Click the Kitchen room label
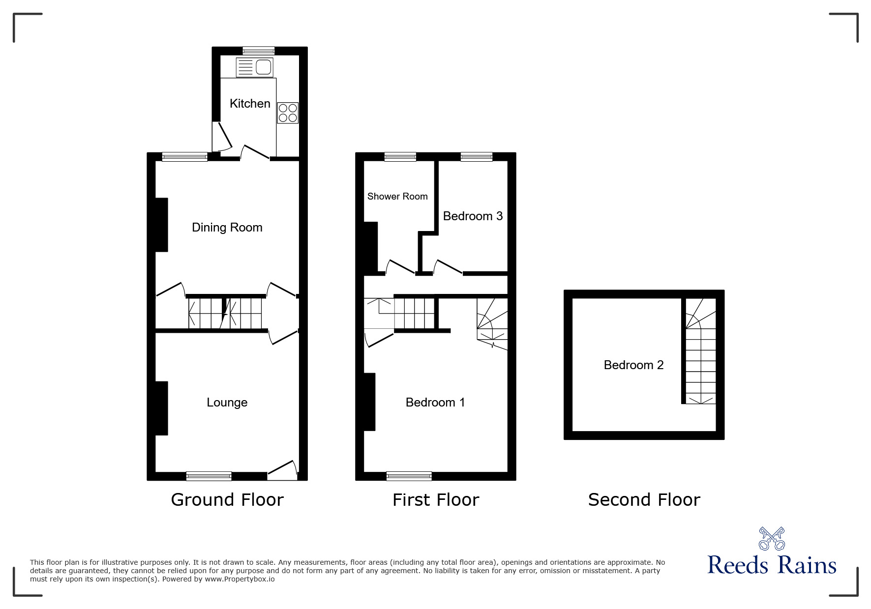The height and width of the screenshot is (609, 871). pos(250,103)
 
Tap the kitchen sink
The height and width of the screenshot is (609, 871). pos(254,67)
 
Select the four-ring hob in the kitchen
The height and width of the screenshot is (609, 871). pos(288,113)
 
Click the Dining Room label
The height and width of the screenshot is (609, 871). pos(227,227)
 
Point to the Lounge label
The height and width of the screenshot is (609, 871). pos(227,402)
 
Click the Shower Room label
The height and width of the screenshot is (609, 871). pos(397,196)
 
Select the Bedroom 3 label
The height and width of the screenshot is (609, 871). pos(473,216)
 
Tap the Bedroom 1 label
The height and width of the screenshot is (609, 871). pos(435,402)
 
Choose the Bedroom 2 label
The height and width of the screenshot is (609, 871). pos(633,365)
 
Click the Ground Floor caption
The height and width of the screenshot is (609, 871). pos(227,499)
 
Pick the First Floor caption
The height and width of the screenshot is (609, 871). pos(435,499)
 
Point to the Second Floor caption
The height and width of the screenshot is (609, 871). pos(644,499)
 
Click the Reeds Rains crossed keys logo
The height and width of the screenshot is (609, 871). pos(772,538)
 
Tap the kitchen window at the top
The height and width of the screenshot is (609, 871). pos(259,50)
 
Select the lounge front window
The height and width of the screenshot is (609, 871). pos(209,476)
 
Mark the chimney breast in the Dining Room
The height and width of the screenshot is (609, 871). pos(162,225)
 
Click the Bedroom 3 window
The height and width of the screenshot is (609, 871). pos(476,157)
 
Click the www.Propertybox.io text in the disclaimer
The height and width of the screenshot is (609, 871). pos(240,579)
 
